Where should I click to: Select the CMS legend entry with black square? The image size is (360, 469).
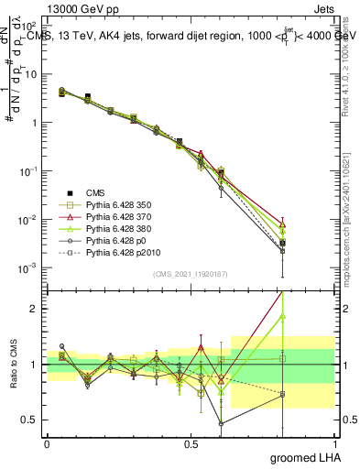[95, 191]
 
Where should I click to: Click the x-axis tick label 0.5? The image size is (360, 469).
[191, 443]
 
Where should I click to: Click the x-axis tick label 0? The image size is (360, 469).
[47, 443]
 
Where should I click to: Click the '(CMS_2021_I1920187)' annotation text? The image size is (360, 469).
[190, 274]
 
